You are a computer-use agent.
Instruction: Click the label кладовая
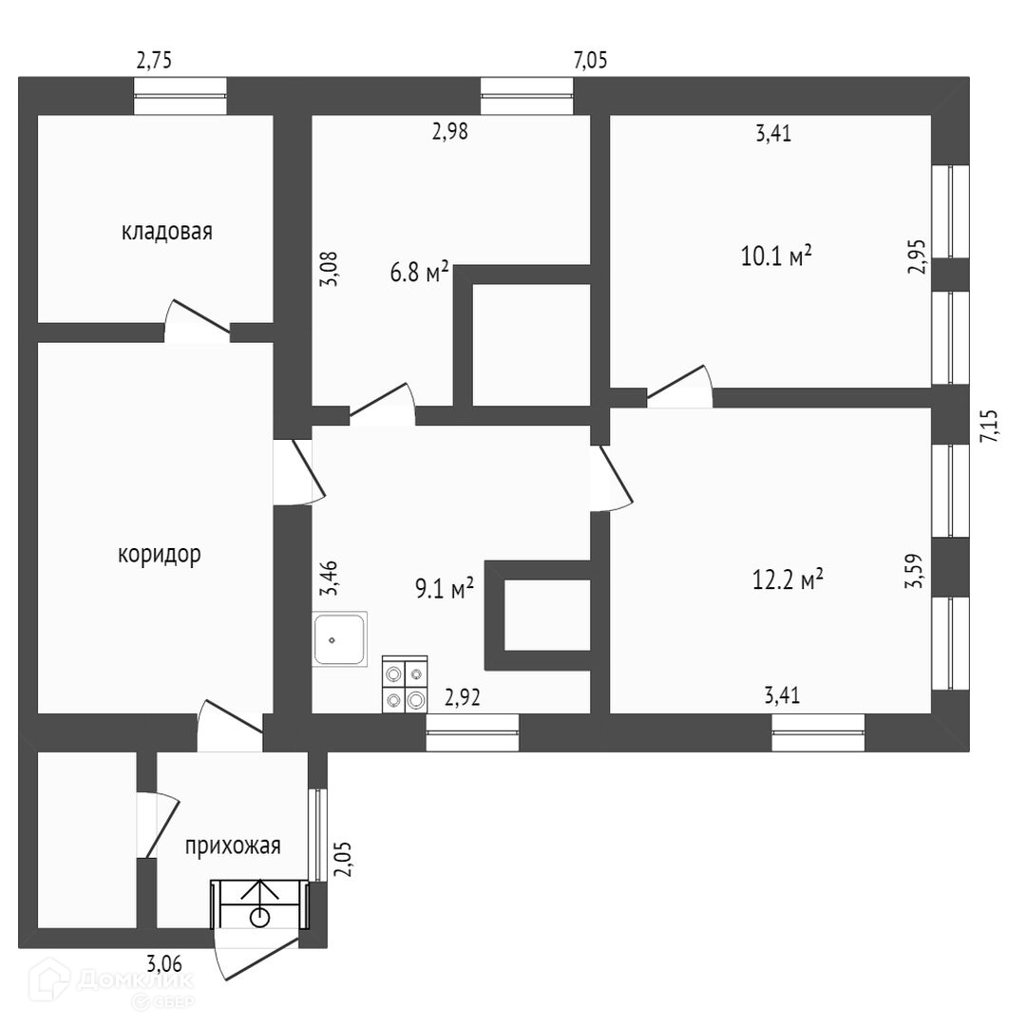[x=166, y=231]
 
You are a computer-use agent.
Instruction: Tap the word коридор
[x=160, y=554]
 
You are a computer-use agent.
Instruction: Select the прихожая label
[x=233, y=845]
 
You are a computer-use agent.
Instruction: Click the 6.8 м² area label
[x=419, y=274]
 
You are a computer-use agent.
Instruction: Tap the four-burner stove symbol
[x=405, y=684]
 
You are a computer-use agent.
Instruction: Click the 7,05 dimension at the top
[x=590, y=62]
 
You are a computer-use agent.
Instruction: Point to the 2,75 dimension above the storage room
[x=155, y=62]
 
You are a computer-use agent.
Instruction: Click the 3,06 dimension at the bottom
[x=164, y=962]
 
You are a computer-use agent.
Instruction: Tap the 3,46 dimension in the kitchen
[x=329, y=578]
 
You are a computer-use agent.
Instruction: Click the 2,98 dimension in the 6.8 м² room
[x=449, y=132]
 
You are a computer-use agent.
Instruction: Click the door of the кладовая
[x=198, y=319]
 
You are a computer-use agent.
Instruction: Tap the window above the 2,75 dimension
[x=180, y=96]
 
